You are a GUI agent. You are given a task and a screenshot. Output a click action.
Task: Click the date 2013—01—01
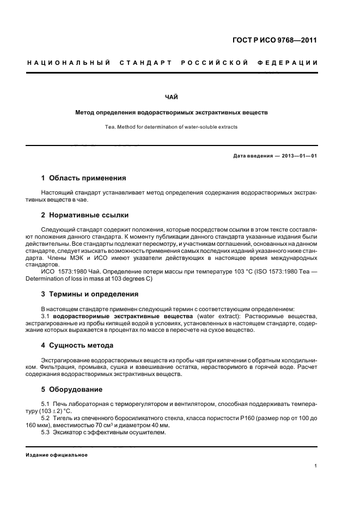click(299, 156)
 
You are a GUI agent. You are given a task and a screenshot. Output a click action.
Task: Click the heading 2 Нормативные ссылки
click(85, 215)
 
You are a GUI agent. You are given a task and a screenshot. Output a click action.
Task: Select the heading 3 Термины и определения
click(90, 294)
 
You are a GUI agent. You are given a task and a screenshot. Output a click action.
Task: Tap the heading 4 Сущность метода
click(77, 345)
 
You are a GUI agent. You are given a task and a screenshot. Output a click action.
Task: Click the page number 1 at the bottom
click(315, 466)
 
